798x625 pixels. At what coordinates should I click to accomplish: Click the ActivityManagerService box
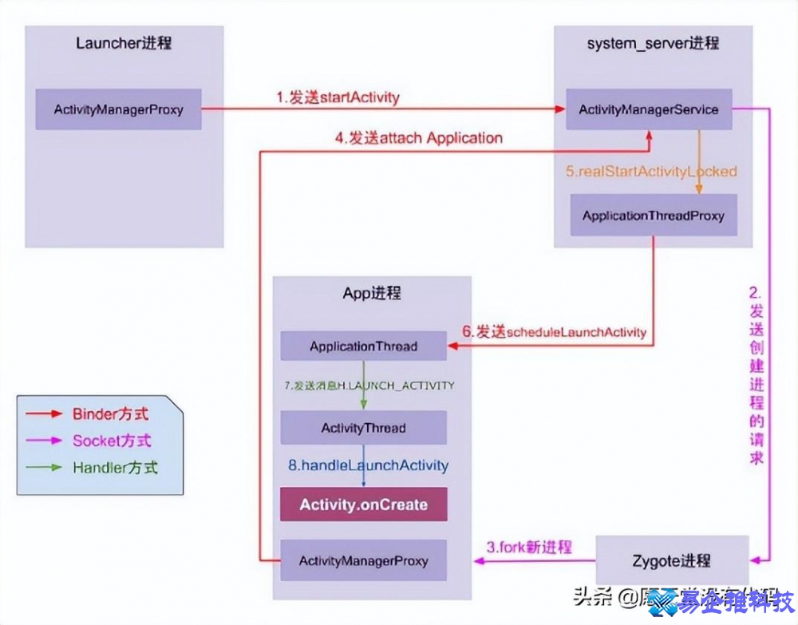[649, 109]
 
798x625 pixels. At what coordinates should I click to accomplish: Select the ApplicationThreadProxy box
[654, 216]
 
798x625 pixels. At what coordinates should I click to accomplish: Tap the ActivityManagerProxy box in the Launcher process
[118, 109]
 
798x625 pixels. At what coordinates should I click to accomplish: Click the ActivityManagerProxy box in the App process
[363, 560]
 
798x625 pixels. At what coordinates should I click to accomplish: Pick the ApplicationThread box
[363, 346]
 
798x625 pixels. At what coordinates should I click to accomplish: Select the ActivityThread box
[363, 428]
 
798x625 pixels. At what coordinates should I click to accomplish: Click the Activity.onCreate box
[363, 504]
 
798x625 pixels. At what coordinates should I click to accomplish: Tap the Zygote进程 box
[673, 560]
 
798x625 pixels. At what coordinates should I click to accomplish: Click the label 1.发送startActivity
[338, 97]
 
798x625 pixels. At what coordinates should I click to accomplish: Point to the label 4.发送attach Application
[418, 137]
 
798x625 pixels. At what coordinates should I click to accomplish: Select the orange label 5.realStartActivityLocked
[651, 171]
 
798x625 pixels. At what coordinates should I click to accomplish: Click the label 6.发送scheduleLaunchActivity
[554, 331]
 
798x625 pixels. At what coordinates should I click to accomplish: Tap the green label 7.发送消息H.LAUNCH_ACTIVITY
[369, 386]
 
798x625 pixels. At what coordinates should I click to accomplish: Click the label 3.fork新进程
[529, 548]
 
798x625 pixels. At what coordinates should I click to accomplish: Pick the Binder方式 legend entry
[110, 414]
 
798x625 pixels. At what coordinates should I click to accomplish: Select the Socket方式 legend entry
[111, 441]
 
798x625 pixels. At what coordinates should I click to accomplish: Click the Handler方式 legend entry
[115, 468]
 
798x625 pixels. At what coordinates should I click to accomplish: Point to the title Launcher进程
[124, 43]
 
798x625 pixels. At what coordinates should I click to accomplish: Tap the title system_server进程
[653, 43]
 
